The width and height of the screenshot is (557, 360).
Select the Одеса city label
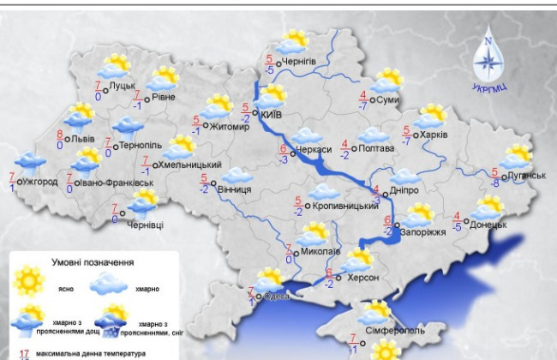pos(277,297)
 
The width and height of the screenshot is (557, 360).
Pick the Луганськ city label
pos(526,175)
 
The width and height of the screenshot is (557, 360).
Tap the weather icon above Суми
pos(388,80)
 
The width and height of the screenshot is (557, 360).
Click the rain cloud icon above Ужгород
pos(31,163)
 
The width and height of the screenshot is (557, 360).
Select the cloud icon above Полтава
pos(373,135)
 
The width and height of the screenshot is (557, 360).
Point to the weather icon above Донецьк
pos(488,207)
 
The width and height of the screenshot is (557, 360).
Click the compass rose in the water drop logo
pos(488,60)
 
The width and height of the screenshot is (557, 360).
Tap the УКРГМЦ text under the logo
pos(488,87)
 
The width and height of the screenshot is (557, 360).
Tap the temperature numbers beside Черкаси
pos(282,153)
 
